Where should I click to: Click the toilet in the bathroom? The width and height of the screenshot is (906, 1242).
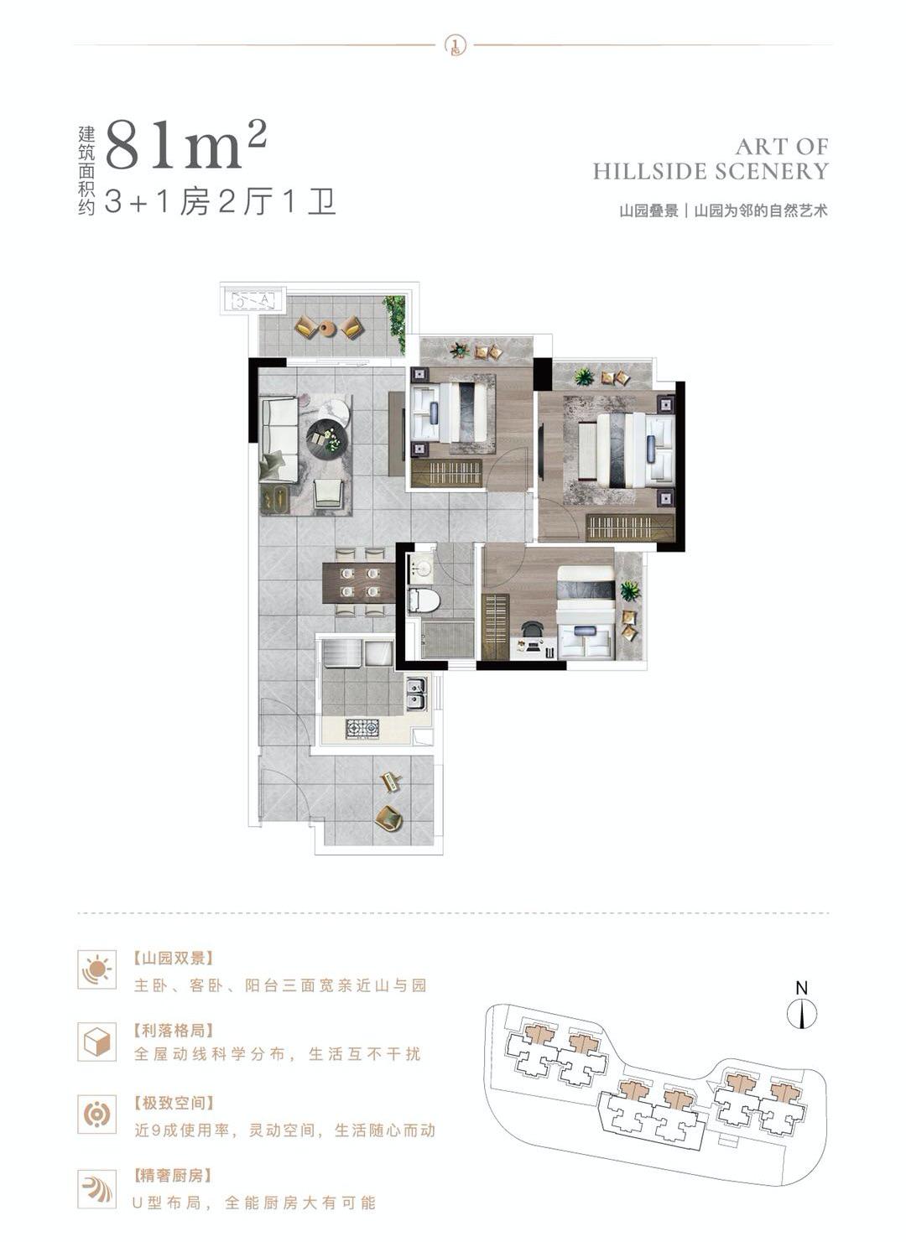tap(424, 600)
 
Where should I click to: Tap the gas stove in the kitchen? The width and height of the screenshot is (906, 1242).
tap(362, 728)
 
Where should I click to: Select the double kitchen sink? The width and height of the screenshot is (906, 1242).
tap(415, 694)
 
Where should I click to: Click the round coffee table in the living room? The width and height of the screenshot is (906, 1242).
tap(326, 436)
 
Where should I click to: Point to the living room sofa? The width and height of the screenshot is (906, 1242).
tap(279, 439)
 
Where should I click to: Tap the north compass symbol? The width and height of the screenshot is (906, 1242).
tap(802, 1014)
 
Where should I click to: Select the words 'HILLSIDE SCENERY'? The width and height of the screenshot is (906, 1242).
tap(711, 172)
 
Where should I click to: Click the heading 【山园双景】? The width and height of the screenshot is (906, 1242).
tap(174, 958)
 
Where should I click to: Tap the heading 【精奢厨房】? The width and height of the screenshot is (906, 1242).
tap(173, 1176)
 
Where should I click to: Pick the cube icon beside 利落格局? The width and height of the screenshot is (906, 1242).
tap(96, 1042)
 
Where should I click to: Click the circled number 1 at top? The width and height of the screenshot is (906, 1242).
tap(454, 44)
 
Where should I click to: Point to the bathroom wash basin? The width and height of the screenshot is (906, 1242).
tap(421, 568)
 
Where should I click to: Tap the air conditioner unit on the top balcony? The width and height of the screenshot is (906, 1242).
tap(253, 299)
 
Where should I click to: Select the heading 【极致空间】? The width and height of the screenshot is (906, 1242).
tap(174, 1103)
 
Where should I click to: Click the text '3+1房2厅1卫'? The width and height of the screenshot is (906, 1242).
tap(221, 203)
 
